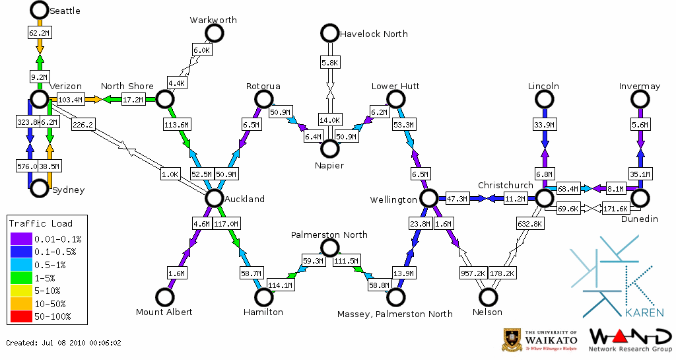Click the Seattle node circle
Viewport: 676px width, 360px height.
coord(39,10)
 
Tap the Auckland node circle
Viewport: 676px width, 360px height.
coord(213,198)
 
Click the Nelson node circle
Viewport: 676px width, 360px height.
coord(488,297)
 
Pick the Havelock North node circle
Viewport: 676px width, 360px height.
coord(329,32)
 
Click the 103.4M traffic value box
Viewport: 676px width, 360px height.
coord(70,100)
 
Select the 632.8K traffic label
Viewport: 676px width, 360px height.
coord(530,225)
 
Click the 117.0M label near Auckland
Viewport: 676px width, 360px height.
coord(226,225)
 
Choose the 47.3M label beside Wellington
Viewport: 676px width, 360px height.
coord(457,198)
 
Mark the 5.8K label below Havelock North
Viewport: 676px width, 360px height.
coord(329,62)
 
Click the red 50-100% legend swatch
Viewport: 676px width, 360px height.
coord(22,316)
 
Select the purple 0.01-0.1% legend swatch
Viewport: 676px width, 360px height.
coord(22,239)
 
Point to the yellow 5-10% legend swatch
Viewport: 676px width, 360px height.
coord(22,291)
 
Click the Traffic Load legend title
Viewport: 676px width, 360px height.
coord(41,223)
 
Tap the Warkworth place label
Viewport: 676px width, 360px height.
coord(213,20)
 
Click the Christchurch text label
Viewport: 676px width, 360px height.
coord(505,185)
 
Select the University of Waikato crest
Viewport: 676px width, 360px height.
coord(512,339)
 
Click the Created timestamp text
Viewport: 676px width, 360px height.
coord(64,343)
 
